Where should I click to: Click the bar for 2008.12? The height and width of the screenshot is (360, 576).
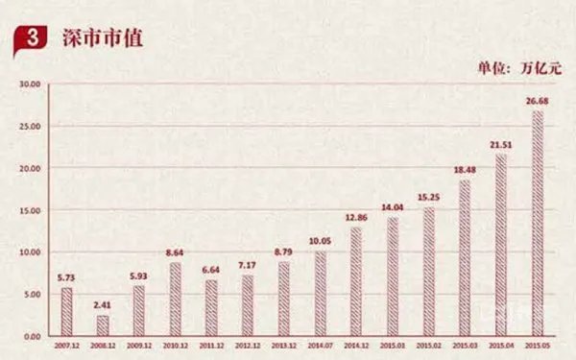[103, 325]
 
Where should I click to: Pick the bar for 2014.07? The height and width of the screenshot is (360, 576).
[320, 294]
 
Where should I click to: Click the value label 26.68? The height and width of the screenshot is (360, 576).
[537, 101]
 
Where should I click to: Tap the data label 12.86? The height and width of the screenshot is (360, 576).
[356, 217]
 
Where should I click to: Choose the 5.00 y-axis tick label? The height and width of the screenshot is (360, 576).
[33, 295]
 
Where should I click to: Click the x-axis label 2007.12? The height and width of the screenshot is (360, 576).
[66, 345]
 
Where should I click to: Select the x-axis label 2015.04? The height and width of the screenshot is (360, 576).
[500, 345]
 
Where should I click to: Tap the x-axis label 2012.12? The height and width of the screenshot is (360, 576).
[247, 345]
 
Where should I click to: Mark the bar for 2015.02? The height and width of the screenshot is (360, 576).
[428, 273]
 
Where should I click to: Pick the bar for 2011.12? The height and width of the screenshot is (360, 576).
[211, 308]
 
